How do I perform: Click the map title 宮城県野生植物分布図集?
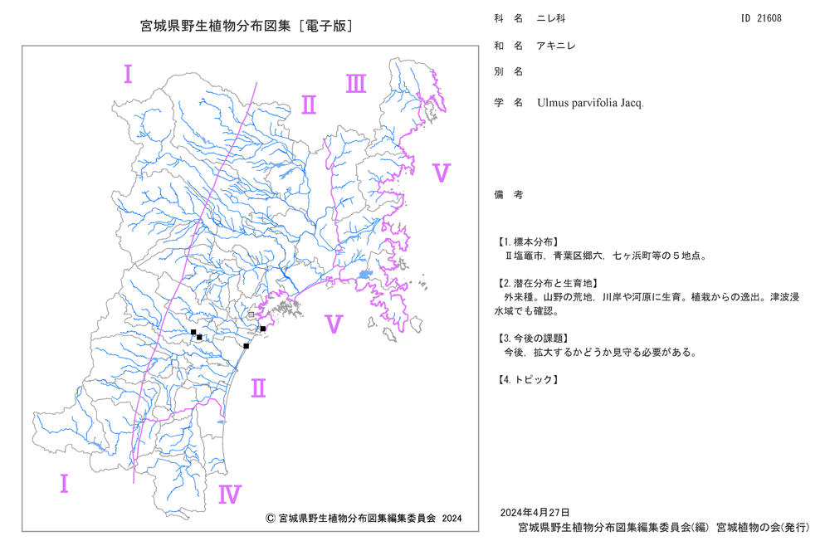(x=216, y=26)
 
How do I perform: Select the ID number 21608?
(x=769, y=18)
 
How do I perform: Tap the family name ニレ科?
(x=551, y=18)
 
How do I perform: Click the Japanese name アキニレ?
(x=556, y=46)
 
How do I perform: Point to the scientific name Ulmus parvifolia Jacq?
(x=590, y=103)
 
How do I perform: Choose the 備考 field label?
(x=509, y=195)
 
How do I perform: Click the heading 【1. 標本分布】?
(x=527, y=241)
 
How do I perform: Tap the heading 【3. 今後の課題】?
(x=532, y=338)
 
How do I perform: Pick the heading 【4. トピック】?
(x=527, y=379)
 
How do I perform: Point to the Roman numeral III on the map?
(x=356, y=84)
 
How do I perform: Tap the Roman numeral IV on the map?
(x=230, y=495)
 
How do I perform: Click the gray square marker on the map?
(x=251, y=314)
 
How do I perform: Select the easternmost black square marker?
(x=263, y=329)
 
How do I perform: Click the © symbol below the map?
(x=270, y=519)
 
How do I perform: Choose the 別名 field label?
(x=509, y=71)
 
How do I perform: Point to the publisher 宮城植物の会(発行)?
(x=763, y=527)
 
